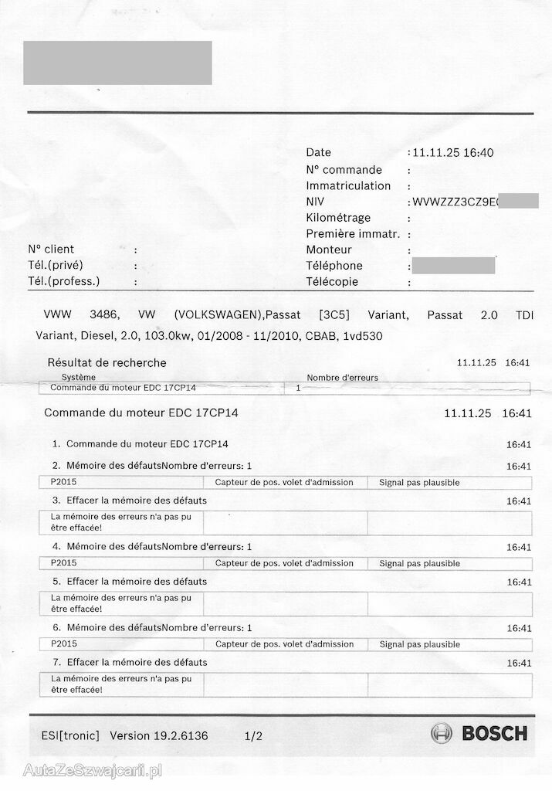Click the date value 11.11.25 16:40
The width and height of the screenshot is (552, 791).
click(453, 153)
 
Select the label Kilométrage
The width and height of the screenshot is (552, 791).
click(338, 218)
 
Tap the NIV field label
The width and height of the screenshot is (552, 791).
click(315, 202)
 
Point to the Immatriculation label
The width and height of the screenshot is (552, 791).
click(348, 185)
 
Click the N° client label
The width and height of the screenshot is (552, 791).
click(51, 250)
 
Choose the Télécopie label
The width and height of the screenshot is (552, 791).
click(332, 282)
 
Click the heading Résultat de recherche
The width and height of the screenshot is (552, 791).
click(107, 362)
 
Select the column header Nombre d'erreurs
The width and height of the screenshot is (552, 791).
click(342, 378)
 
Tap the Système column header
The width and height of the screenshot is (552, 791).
click(79, 378)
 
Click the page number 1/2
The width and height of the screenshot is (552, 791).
click(253, 736)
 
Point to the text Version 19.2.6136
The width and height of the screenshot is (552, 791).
click(158, 735)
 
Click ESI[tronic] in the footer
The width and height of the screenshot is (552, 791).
click(69, 735)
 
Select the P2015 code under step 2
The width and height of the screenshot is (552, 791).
click(64, 483)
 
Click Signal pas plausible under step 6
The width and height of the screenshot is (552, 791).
click(419, 644)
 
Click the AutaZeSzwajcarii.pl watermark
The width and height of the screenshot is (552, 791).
click(92, 770)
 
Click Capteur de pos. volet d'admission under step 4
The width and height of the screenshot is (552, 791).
click(284, 563)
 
